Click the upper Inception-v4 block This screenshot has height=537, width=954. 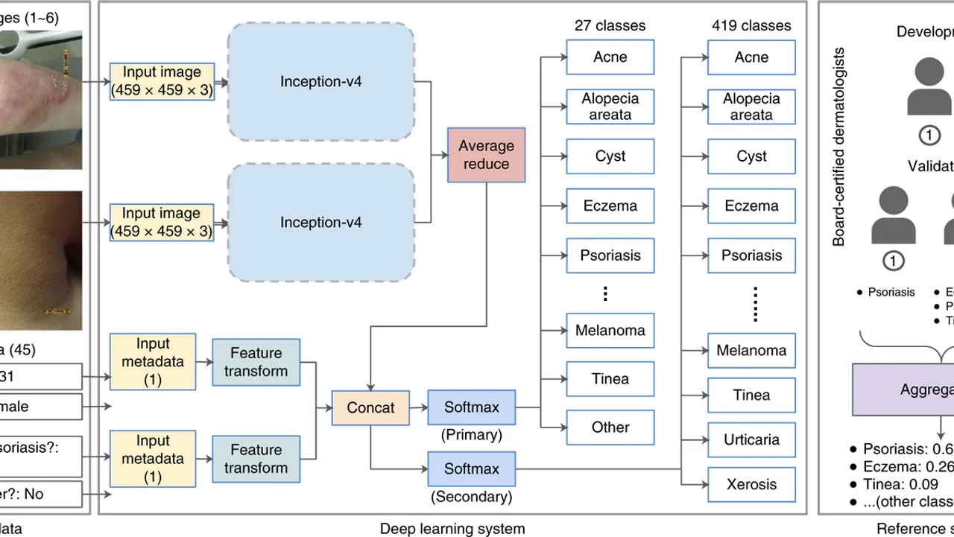click(x=321, y=81)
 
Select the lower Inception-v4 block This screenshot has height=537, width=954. click(x=321, y=222)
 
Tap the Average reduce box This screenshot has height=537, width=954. click(x=486, y=155)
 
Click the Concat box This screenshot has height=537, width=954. click(x=370, y=407)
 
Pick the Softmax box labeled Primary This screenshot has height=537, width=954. click(x=472, y=407)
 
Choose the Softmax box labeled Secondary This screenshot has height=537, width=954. click(x=472, y=468)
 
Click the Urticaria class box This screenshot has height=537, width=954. click(x=751, y=439)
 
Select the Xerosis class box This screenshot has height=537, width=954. click(x=751, y=484)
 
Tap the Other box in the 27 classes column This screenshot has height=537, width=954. click(x=610, y=428)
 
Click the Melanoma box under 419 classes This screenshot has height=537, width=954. click(x=751, y=350)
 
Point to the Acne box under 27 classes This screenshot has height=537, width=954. click(x=610, y=57)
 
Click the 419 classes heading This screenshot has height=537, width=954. click(x=751, y=25)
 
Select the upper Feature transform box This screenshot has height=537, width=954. click(x=256, y=362)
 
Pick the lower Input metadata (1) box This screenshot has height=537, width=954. click(x=153, y=458)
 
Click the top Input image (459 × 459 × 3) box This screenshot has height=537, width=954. click(x=161, y=81)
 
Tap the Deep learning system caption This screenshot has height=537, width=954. click(x=452, y=529)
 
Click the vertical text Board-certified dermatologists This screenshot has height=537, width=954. click(x=839, y=147)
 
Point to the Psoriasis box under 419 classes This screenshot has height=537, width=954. click(x=751, y=255)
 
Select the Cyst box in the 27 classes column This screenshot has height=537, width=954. click(x=610, y=156)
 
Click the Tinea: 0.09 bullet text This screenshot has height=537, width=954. click(x=890, y=484)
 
